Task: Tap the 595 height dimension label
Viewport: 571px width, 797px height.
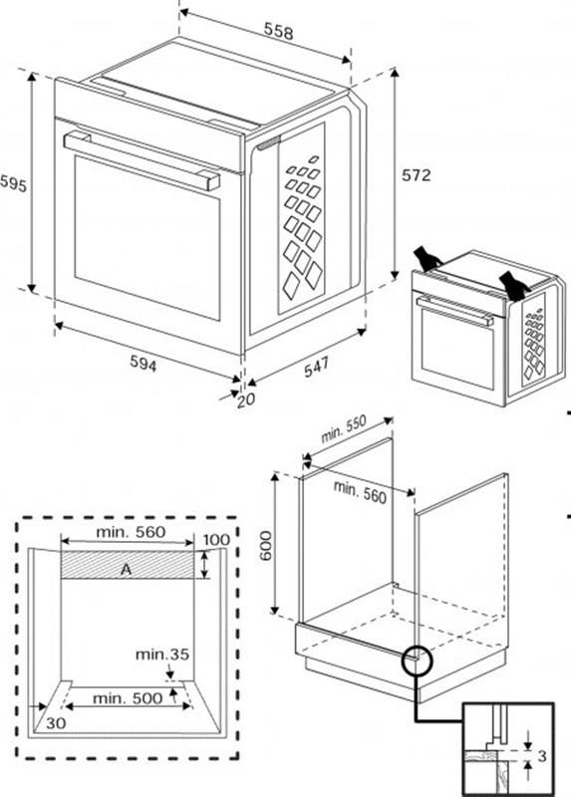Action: [x=13, y=184]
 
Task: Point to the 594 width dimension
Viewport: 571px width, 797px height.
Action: [x=143, y=366]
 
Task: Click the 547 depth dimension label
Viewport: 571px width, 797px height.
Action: [x=316, y=367]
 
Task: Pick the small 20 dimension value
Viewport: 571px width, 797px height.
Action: [x=246, y=399]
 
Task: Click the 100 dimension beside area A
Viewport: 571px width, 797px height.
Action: [x=216, y=540]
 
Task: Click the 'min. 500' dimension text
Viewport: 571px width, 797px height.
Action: [x=127, y=698]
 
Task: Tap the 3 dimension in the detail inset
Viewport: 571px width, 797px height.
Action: [x=542, y=757]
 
